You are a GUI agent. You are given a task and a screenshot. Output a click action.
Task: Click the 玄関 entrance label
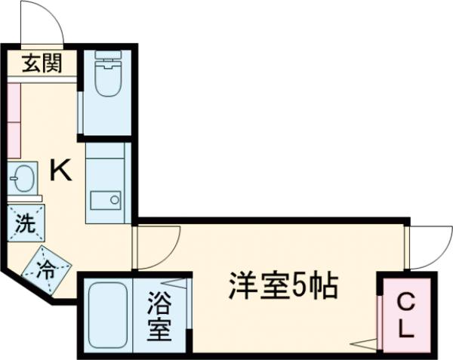42,63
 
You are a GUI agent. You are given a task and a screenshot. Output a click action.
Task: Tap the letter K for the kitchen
61,172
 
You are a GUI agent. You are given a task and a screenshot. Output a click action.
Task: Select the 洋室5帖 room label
283,286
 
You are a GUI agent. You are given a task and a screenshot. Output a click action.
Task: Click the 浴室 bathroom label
159,318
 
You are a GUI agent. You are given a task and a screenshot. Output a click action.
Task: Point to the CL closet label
406,317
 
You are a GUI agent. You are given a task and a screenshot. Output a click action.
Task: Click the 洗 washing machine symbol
25,224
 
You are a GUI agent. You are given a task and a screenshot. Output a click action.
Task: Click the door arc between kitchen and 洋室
157,248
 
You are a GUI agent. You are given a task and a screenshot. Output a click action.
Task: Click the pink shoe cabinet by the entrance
14,116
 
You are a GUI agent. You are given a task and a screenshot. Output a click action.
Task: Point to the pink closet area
406,317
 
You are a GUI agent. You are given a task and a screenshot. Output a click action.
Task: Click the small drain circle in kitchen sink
115,200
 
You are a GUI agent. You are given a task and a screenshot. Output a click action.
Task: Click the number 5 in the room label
299,286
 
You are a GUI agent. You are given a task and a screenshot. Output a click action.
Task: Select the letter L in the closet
406,329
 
